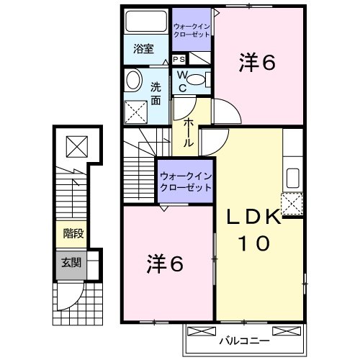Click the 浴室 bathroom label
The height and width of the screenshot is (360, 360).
[143, 49]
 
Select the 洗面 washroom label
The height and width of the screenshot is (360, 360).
[156, 93]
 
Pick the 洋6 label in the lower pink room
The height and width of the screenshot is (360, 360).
[166, 264]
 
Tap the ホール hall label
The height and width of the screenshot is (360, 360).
[188, 132]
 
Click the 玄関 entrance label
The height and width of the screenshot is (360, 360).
[71, 263]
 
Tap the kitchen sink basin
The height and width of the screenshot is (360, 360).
[294, 177]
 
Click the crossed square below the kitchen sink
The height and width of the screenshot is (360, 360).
[293, 204]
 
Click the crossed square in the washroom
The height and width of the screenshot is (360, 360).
[134, 110]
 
